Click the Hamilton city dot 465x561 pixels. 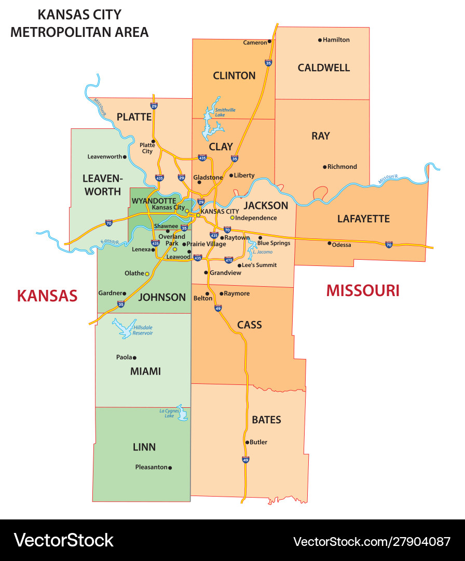coord(320,40)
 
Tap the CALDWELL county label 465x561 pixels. coord(324,68)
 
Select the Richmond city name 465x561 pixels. coord(342,167)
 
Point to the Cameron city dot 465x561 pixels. coord(270,42)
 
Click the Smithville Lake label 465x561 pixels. coord(225,112)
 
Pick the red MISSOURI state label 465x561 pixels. coord(363,290)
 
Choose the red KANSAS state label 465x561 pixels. coord(47,296)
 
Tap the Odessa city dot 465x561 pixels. coord(329,243)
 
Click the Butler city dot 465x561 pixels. coord(247,443)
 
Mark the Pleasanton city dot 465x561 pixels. coord(170,468)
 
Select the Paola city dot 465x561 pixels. coord(134,357)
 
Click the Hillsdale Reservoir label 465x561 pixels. coord(143,330)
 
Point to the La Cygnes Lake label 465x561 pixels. coord(169,413)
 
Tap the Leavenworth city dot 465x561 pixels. coord(125,156)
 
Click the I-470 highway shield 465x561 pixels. coord(228,260)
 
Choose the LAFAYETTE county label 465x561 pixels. coord(363,219)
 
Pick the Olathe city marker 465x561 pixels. coord(147,274)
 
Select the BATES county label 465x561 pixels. coord(266,420)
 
